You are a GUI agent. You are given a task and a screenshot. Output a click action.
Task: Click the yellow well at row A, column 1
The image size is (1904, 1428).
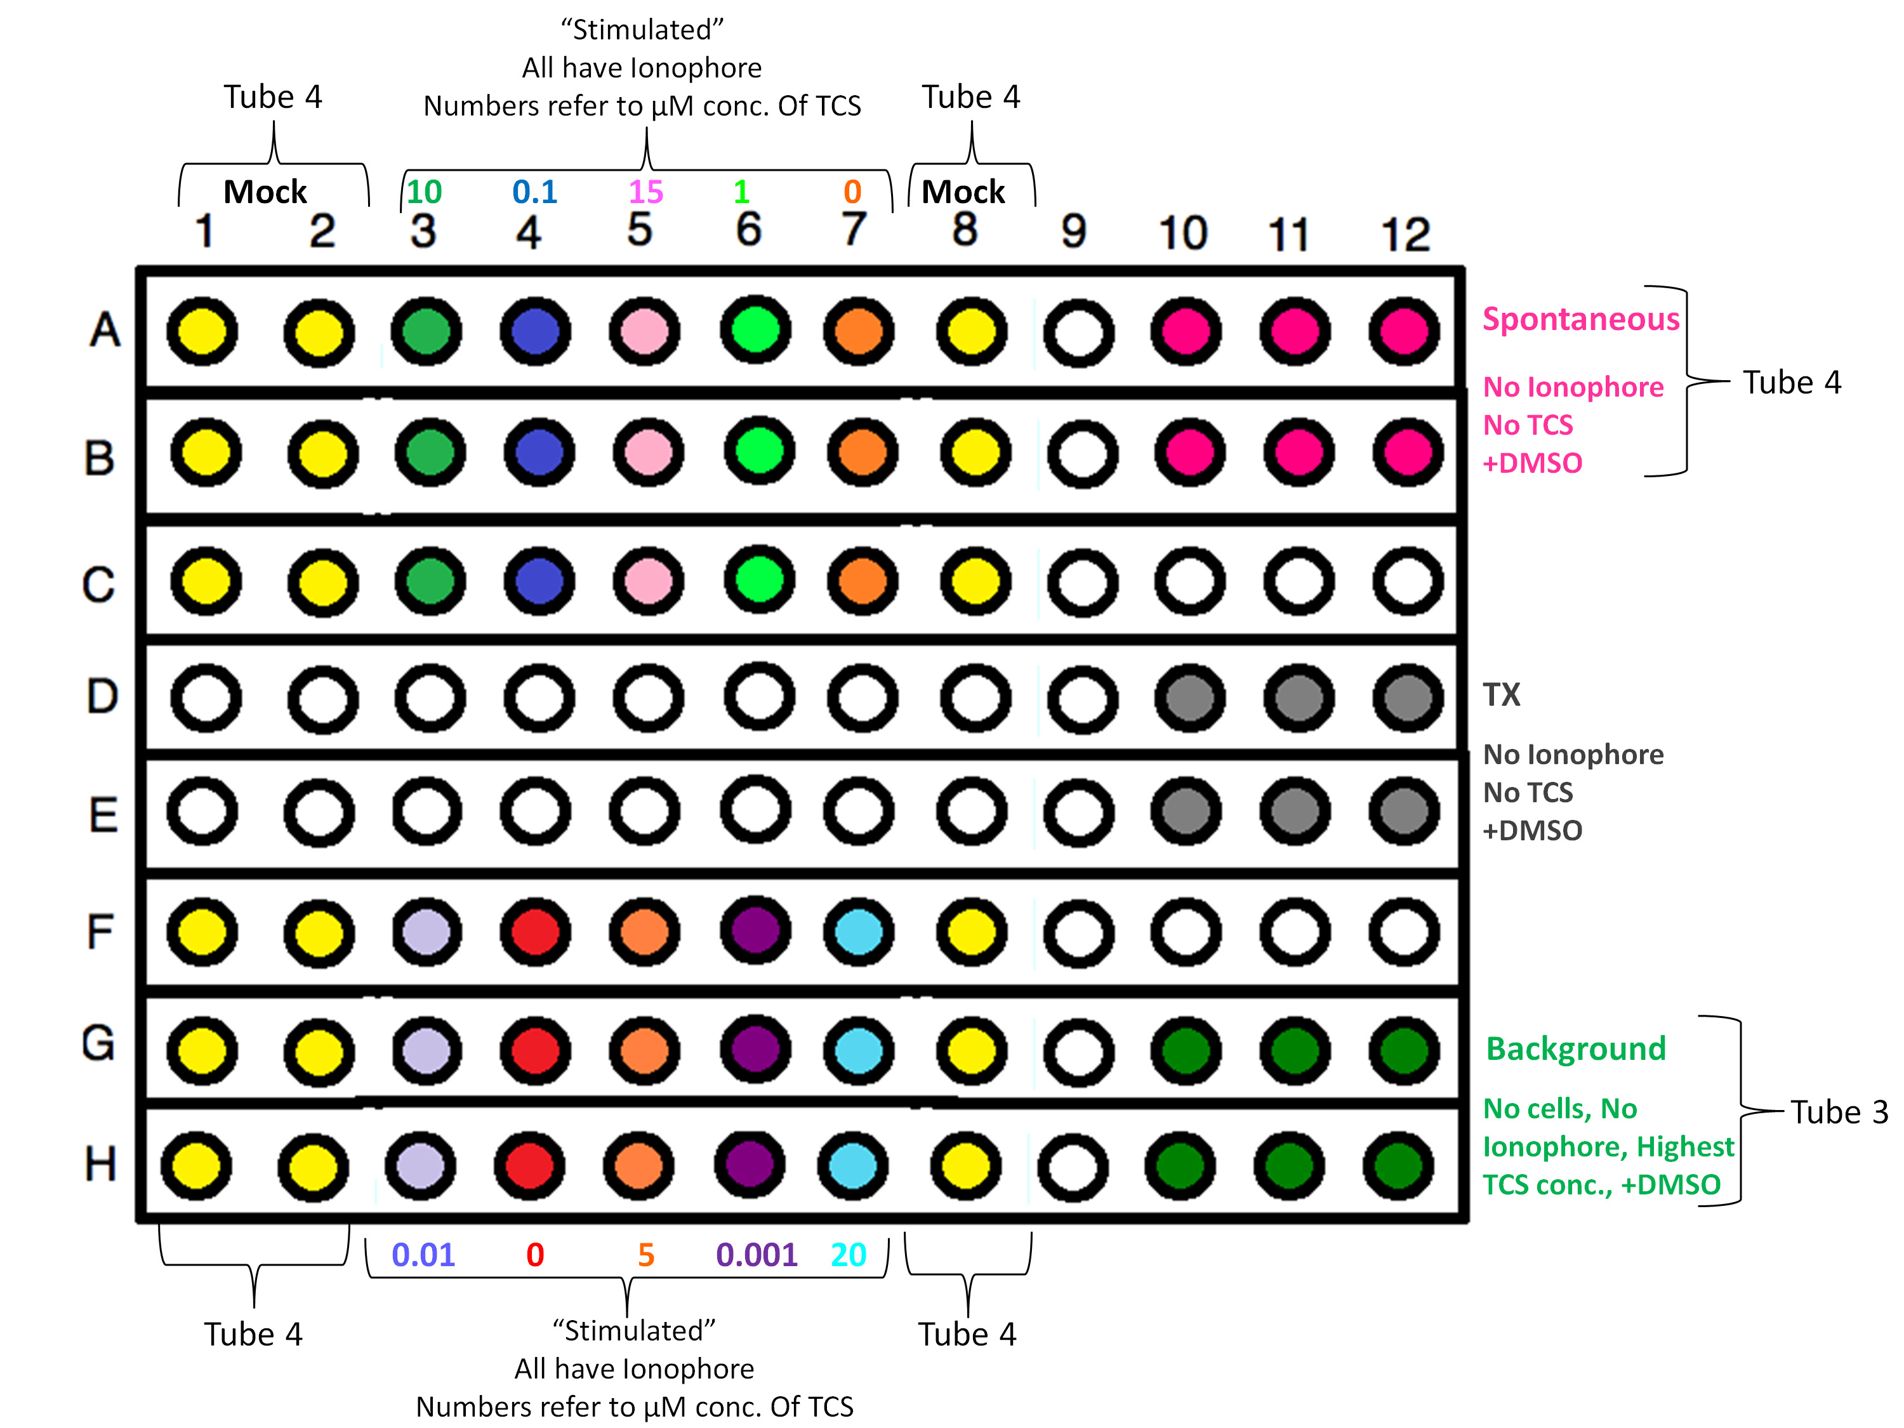point(202,331)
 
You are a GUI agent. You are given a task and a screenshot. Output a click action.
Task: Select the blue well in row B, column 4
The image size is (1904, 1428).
point(538,452)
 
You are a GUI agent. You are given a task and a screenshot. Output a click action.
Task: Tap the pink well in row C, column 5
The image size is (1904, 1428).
point(647,581)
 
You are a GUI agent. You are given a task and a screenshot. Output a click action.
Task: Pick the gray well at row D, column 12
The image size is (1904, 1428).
point(1407,697)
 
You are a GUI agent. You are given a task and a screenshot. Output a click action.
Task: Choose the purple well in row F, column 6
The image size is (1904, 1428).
point(755,930)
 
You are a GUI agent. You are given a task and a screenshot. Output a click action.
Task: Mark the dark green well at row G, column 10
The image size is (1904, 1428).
point(1186,1051)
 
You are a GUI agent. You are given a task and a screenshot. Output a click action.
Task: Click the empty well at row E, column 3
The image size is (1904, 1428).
point(426,812)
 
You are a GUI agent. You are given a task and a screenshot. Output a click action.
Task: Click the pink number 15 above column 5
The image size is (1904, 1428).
point(645,191)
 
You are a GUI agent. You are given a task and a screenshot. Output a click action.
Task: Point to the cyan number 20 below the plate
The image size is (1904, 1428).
point(848,1255)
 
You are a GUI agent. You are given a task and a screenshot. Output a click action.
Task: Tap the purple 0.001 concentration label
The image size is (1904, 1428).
point(757,1255)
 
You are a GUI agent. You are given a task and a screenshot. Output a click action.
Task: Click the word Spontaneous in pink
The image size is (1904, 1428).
point(1580,319)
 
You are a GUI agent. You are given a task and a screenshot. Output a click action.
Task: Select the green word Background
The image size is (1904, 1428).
point(1576,1048)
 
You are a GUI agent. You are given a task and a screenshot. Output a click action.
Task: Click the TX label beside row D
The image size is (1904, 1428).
point(1501,694)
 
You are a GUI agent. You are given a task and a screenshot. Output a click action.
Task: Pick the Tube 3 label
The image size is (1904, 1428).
point(1839,1112)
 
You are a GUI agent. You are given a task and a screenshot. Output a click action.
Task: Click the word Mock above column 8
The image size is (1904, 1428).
point(963,191)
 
